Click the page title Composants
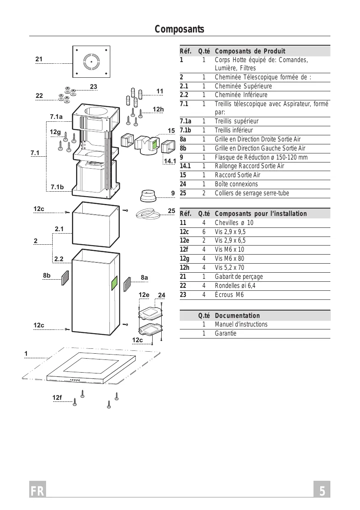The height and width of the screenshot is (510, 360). click(179, 29)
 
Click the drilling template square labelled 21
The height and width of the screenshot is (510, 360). click(91, 62)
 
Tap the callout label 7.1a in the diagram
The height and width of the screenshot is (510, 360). click(56, 117)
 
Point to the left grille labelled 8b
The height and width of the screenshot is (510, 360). click(65, 278)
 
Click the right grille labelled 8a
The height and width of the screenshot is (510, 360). click(128, 284)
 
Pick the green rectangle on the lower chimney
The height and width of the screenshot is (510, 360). click(114, 283)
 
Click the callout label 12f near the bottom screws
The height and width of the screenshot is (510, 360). click(57, 398)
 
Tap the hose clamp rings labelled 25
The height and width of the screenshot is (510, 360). click(148, 214)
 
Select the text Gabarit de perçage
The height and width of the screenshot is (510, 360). click(239, 277)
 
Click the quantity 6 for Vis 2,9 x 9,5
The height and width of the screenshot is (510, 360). click(204, 232)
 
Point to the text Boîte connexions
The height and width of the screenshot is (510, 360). click(236, 184)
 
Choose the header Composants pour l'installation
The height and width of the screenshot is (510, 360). click(261, 213)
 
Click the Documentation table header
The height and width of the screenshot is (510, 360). click(237, 315)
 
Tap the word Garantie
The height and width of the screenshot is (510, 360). click(225, 333)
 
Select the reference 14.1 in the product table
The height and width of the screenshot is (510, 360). click(185, 166)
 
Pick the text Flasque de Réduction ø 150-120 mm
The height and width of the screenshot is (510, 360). click(261, 158)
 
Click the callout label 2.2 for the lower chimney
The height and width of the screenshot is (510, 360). click(58, 259)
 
